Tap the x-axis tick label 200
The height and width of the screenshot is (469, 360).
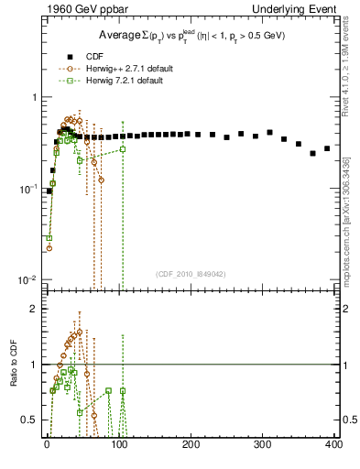pos(191,443)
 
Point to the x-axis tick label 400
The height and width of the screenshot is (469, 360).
pos(333,443)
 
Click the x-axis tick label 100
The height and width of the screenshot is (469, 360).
pos(119,443)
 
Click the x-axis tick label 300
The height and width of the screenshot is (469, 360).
pos(262,443)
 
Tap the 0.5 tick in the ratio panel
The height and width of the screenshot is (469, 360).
pos(27,420)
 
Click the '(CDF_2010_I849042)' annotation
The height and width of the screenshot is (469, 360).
pos(190,273)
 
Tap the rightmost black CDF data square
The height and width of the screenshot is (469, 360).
pos(327,147)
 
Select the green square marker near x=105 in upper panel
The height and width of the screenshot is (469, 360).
pos(123,149)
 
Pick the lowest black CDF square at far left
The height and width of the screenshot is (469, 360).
pos(49,191)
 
